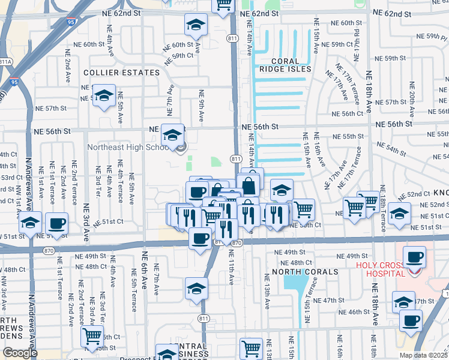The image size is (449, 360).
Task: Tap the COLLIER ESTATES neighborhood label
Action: tap(122, 73)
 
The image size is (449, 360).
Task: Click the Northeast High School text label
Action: tap(130, 146)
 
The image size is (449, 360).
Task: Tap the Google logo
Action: tap(20, 353)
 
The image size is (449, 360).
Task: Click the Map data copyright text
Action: tap(423, 355)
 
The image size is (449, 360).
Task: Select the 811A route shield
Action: tap(5, 61)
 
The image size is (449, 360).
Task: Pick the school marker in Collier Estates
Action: tap(104, 95)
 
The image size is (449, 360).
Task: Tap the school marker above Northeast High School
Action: tap(172, 134)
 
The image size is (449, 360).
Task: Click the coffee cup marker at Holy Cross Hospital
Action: tap(414, 257)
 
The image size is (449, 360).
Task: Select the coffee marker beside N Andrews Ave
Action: tap(56, 223)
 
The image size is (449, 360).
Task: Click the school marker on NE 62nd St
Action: tap(195, 25)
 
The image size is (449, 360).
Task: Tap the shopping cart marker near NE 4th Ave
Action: tap(92, 336)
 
